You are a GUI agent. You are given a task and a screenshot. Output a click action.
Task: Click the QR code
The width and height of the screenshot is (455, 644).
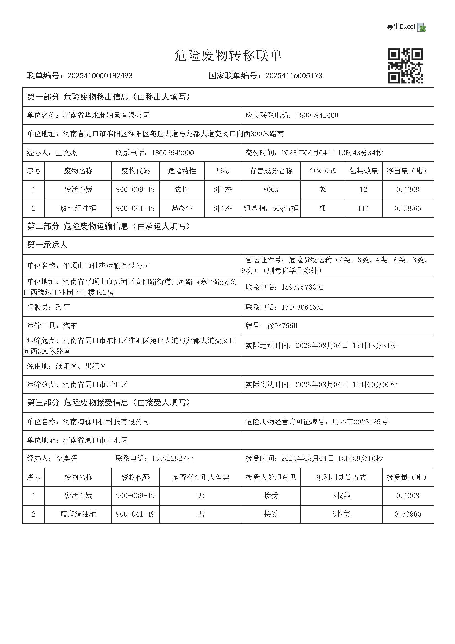(405, 66)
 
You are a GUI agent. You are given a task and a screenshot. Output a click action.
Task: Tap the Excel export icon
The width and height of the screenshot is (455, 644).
(421, 28)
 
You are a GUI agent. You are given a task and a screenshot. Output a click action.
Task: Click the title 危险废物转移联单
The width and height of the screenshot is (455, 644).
(228, 55)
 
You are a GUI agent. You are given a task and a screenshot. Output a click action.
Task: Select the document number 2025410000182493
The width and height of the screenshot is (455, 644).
(100, 76)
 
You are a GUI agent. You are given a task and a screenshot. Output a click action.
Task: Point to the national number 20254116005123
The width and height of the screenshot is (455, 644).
(293, 76)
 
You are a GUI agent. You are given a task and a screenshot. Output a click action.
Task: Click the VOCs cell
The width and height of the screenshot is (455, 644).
(271, 190)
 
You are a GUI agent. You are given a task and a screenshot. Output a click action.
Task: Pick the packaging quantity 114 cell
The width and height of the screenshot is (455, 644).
(363, 208)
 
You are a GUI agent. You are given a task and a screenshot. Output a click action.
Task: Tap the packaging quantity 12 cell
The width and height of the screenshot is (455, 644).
(363, 190)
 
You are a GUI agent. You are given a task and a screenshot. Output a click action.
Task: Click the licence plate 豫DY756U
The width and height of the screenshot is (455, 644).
(282, 326)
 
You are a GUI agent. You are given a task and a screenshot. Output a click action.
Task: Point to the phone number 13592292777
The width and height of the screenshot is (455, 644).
(172, 459)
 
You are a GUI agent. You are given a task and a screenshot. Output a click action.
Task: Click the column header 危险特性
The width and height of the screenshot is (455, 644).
(182, 171)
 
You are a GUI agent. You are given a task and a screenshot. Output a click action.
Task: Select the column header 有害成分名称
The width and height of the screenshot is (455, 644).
(271, 171)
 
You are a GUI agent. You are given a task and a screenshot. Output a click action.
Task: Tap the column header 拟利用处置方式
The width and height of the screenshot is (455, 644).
(341, 477)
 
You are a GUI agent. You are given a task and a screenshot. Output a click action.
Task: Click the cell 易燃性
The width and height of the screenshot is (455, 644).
(182, 208)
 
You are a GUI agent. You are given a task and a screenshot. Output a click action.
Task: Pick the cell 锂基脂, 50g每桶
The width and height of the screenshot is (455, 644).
(271, 208)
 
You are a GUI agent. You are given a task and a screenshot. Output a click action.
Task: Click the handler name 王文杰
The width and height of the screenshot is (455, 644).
(66, 153)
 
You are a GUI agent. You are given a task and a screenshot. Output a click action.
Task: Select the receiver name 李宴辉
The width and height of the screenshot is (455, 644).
(66, 459)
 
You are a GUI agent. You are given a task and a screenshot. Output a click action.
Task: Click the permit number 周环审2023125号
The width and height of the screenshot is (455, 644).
(360, 422)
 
